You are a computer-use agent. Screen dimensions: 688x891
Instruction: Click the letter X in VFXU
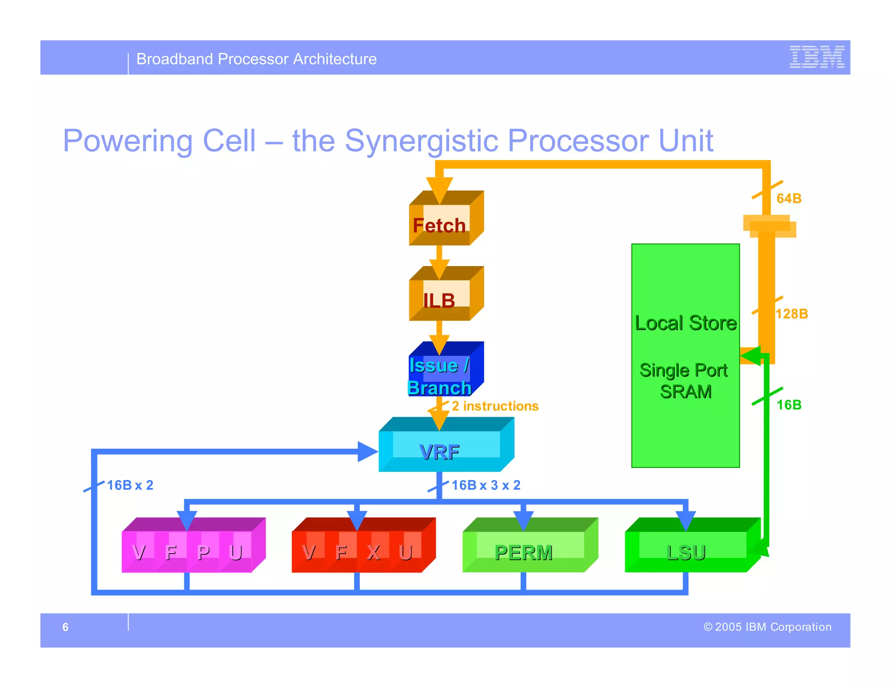tap(373, 552)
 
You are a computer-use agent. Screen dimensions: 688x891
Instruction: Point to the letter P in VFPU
tap(203, 552)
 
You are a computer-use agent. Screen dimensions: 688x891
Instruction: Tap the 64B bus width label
tap(789, 198)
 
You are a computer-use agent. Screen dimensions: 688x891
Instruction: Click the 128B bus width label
tap(792, 314)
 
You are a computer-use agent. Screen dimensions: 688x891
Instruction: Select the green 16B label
tap(789, 405)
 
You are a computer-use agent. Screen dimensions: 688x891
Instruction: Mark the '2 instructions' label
tap(495, 406)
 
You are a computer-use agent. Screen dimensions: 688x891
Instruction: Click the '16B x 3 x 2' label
tap(486, 485)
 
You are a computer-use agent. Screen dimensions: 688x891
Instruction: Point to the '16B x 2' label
tap(130, 485)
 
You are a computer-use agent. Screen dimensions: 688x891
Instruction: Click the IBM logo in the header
tap(817, 57)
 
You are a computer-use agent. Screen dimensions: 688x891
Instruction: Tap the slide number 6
tap(65, 627)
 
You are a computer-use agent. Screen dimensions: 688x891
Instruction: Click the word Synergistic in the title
tap(421, 140)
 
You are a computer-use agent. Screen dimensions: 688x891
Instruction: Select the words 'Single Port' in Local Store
tap(683, 370)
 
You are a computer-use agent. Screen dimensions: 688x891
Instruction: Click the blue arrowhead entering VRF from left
tap(367, 451)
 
